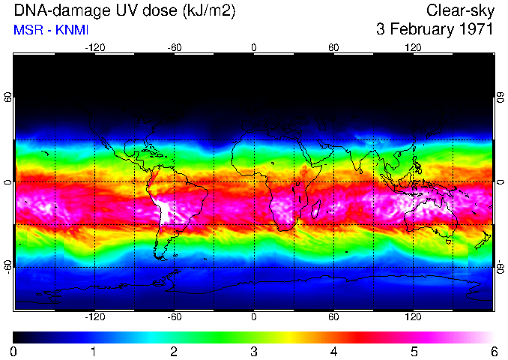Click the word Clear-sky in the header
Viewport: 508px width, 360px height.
pyautogui.click(x=459, y=10)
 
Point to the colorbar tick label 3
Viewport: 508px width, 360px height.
pyautogui.click(x=253, y=352)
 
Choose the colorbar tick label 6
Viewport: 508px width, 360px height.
pyautogui.click(x=493, y=352)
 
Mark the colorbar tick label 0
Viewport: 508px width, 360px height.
pyautogui.click(x=14, y=352)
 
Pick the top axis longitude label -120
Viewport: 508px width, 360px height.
pyautogui.click(x=94, y=47)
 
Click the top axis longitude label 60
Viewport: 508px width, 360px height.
pyautogui.click(x=333, y=47)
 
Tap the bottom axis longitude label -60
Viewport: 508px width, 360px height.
pyautogui.click(x=174, y=317)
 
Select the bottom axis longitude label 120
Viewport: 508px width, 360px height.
pyautogui.click(x=414, y=317)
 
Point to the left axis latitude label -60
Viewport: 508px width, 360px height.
pyautogui.click(x=8, y=266)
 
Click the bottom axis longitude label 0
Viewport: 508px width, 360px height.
pyautogui.click(x=254, y=317)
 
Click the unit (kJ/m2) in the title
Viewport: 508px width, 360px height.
pyautogui.click(x=205, y=10)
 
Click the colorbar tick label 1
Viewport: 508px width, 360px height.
pyautogui.click(x=94, y=352)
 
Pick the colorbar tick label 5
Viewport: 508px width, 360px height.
pyautogui.click(x=414, y=352)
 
